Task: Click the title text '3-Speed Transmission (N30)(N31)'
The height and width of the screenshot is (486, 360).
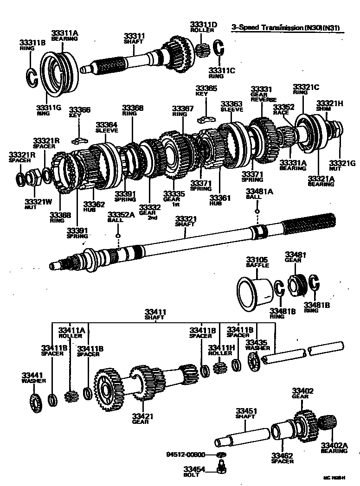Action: [285, 28]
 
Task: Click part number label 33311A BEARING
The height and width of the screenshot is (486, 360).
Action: [64, 36]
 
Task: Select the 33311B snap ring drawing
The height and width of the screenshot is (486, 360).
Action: [31, 77]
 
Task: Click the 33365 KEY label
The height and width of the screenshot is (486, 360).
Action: [206, 90]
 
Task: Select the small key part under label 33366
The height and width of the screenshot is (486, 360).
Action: [79, 139]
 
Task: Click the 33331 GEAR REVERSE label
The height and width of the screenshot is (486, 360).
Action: [263, 94]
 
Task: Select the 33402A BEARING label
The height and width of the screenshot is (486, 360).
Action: [334, 448]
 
